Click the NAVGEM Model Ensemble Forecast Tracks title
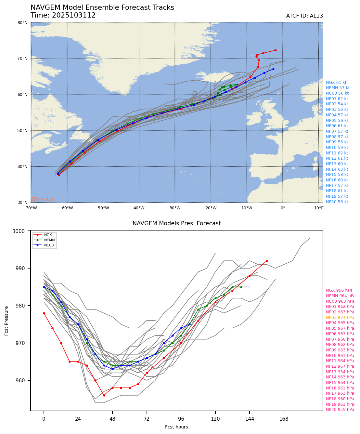coord(102,7)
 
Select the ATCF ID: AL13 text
coord(304,16)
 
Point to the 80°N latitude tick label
coord(22,23)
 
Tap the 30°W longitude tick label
coord(175,208)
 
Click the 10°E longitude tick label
coord(319,208)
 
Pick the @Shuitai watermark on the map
coord(42,199)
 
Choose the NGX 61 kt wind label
coord(336,83)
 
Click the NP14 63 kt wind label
coord(337,169)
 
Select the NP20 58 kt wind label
coord(337,202)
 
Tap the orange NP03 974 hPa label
coord(340,318)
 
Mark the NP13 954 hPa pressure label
coord(340,372)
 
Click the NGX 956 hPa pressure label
coord(339,291)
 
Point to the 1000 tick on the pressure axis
coord(21,231)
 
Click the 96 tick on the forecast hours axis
coord(181,419)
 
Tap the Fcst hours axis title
coord(176,427)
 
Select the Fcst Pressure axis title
coord(7,321)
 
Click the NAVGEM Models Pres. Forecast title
coord(176,224)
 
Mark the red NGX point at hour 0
coord(44,313)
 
